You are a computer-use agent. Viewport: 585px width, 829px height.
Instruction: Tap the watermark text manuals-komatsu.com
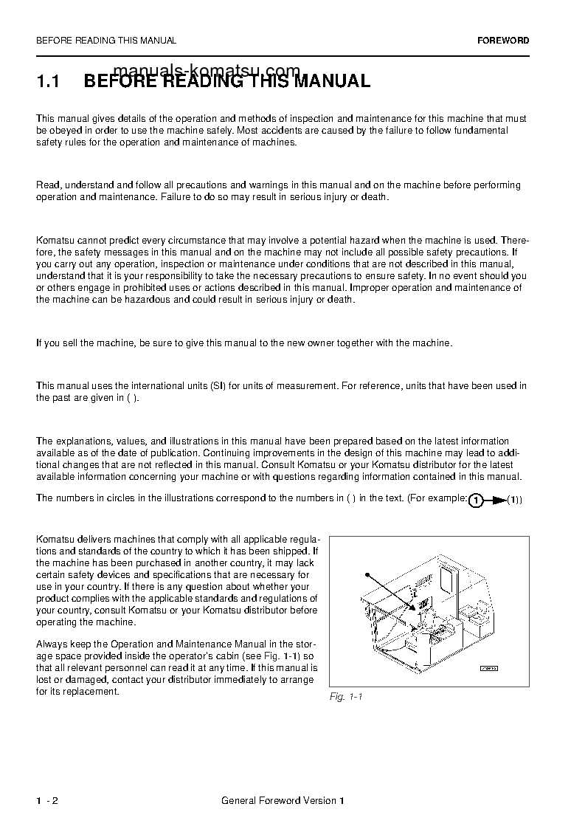(208, 71)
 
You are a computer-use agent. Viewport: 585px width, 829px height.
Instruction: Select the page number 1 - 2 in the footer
(47, 801)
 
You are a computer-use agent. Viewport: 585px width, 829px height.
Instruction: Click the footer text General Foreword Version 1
(283, 801)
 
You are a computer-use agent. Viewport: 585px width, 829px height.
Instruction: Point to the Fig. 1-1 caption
(346, 697)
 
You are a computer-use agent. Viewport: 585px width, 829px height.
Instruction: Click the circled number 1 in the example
(477, 501)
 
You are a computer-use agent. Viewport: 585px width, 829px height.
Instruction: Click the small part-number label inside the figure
(489, 667)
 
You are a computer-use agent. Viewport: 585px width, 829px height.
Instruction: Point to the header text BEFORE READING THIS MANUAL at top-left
(106, 41)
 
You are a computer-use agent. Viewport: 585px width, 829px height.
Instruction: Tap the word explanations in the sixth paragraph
(81, 441)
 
